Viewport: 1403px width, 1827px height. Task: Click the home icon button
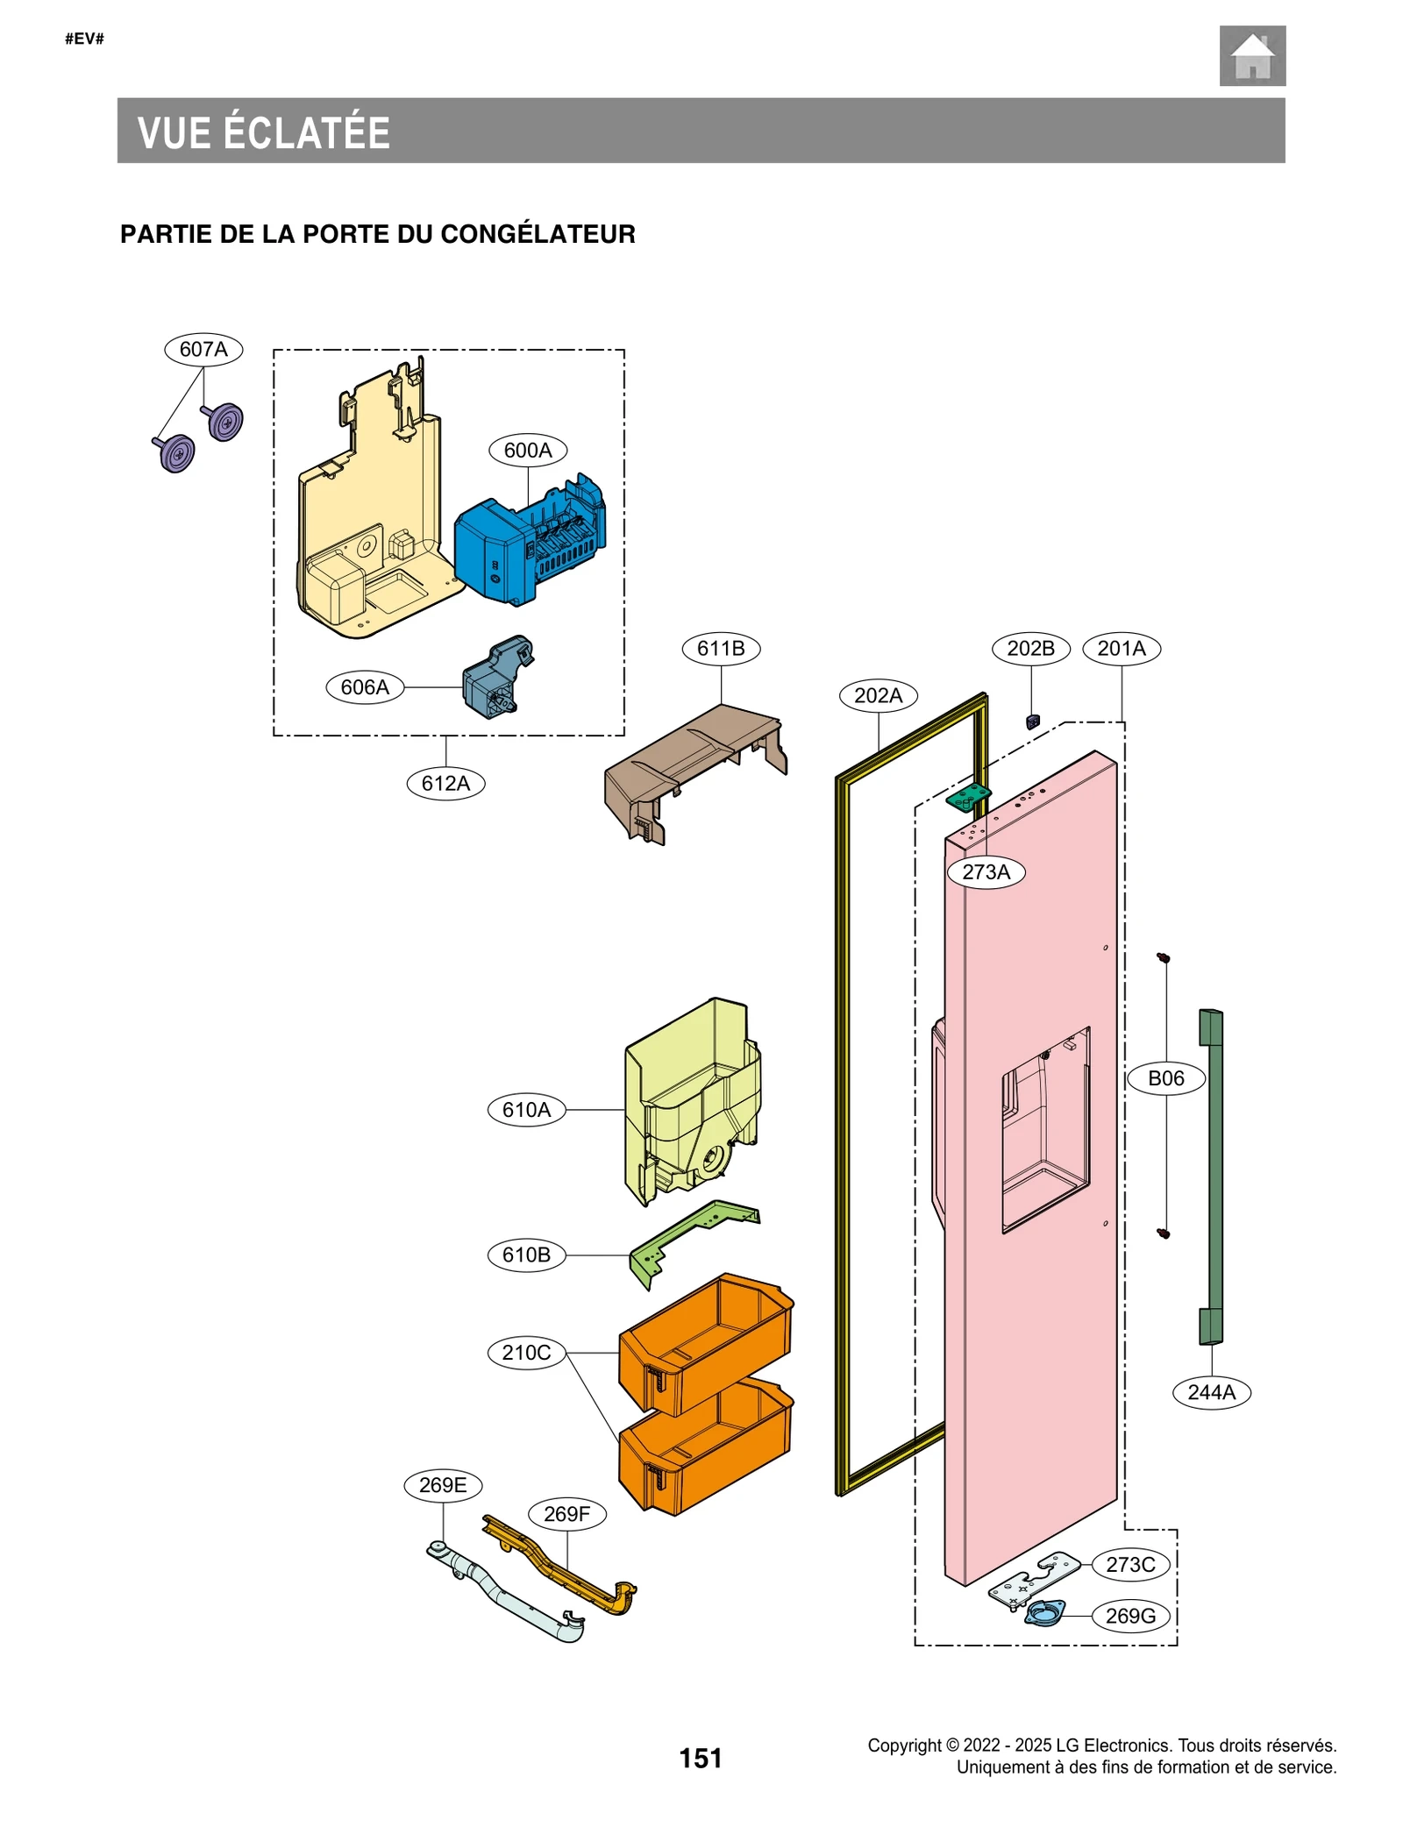pyautogui.click(x=1251, y=56)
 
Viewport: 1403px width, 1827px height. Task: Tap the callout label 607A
pyautogui.click(x=203, y=349)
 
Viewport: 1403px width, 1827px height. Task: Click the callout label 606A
pyautogui.click(x=365, y=687)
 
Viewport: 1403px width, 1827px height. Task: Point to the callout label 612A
pyautogui.click(x=445, y=783)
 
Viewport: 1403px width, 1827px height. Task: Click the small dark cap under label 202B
pyautogui.click(x=1032, y=722)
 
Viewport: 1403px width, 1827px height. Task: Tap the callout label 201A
pyautogui.click(x=1122, y=649)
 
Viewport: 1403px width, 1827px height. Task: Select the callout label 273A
pyautogui.click(x=986, y=872)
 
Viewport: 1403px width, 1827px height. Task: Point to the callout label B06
pyautogui.click(x=1166, y=1078)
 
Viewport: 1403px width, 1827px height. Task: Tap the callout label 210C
pyautogui.click(x=526, y=1353)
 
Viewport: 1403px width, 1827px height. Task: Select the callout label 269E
pyautogui.click(x=443, y=1485)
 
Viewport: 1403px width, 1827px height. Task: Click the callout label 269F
pyautogui.click(x=567, y=1514)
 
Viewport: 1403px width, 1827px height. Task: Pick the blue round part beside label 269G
pyautogui.click(x=1045, y=1611)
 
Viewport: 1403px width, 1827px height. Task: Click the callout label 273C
pyautogui.click(x=1130, y=1565)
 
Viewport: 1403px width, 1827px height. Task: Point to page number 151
pyautogui.click(x=701, y=1758)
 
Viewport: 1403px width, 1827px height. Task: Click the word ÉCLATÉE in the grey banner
pyautogui.click(x=307, y=133)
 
